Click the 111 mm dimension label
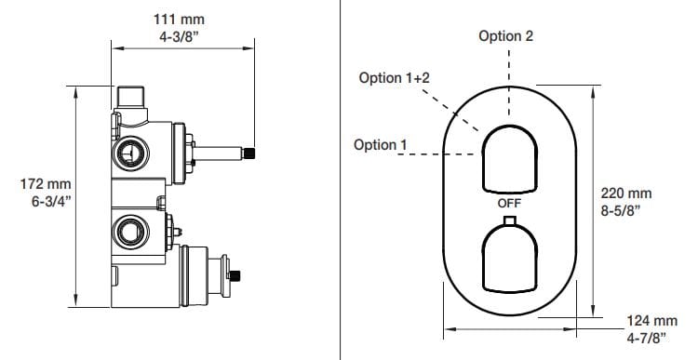(179, 20)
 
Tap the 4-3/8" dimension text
(179, 36)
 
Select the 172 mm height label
(46, 184)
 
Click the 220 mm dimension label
(626, 193)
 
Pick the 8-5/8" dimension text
(621, 210)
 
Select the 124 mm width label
(652, 320)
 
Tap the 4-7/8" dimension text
(647, 338)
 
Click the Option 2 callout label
(505, 35)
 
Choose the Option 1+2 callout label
(395, 78)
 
